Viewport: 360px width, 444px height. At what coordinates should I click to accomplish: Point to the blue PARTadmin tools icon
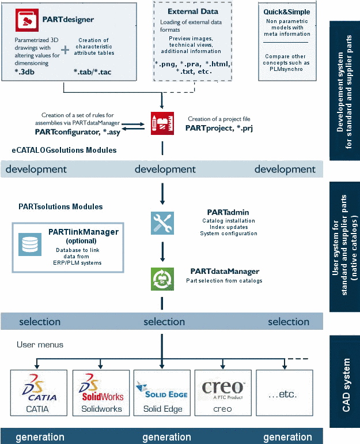click(x=162, y=223)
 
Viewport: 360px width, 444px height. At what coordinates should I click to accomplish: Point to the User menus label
click(x=40, y=345)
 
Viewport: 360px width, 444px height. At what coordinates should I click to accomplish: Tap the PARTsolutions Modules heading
click(x=60, y=206)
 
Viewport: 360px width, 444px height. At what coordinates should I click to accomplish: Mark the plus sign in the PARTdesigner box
click(x=65, y=51)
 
